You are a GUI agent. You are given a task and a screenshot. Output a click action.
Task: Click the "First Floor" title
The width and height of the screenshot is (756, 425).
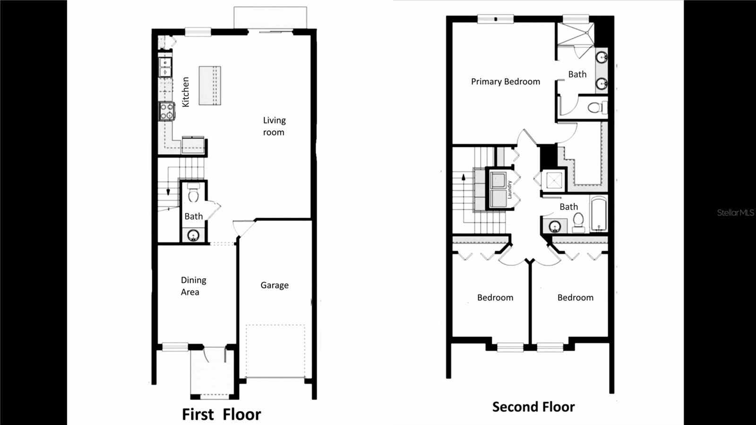[222, 414]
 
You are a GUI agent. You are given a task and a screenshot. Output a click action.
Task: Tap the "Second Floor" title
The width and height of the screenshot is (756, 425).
[533, 407]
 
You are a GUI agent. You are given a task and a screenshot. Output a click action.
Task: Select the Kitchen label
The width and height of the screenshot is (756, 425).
[186, 92]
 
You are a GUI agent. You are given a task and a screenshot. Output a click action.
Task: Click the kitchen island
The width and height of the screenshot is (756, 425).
[210, 85]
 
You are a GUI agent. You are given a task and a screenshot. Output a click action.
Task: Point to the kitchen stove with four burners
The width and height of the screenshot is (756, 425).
[167, 111]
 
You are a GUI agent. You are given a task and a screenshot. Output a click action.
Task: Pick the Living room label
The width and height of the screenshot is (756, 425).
[274, 126]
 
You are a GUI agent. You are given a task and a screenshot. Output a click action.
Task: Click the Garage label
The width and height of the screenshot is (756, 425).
[275, 285]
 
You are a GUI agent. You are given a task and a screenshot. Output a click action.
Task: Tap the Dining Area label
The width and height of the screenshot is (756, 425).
[193, 286]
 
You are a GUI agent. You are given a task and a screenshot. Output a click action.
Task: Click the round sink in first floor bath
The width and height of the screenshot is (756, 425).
[193, 235]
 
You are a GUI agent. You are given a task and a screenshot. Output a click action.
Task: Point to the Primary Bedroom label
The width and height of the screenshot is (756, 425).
[505, 82]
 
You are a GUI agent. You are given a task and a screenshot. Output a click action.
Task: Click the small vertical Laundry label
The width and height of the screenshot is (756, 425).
[510, 189]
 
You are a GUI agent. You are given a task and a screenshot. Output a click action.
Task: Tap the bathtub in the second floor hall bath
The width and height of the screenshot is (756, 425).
[599, 214]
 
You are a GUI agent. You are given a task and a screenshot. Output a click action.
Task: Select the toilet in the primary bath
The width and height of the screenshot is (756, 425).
[597, 108]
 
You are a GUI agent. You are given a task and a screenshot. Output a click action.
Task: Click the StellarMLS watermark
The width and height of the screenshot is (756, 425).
[735, 212]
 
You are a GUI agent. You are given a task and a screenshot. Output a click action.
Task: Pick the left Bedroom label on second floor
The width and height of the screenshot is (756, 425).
[495, 297]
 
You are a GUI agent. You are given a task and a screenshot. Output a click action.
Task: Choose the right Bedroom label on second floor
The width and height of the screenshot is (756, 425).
[576, 297]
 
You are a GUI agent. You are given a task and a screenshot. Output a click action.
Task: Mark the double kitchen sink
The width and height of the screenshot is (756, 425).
[165, 67]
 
